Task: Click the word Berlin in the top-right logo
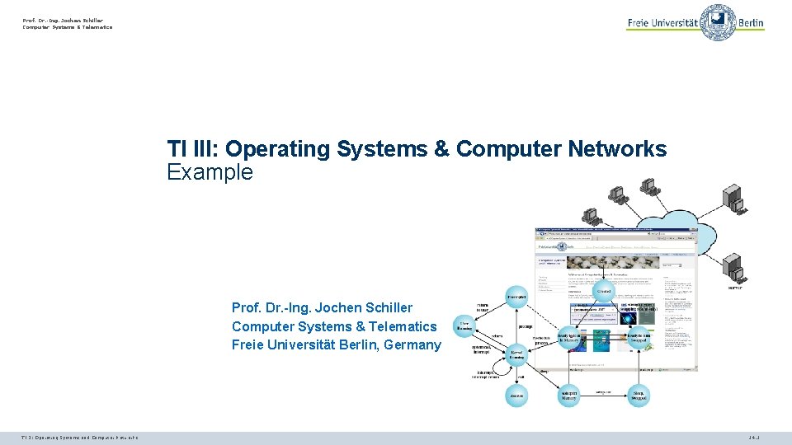(x=751, y=23)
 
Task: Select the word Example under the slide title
(x=210, y=172)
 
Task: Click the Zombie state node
(x=517, y=395)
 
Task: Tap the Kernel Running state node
(x=518, y=354)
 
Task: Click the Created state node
(x=604, y=293)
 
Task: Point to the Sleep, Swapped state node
(x=639, y=396)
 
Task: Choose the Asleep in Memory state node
(x=570, y=396)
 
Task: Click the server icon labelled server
(x=733, y=269)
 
